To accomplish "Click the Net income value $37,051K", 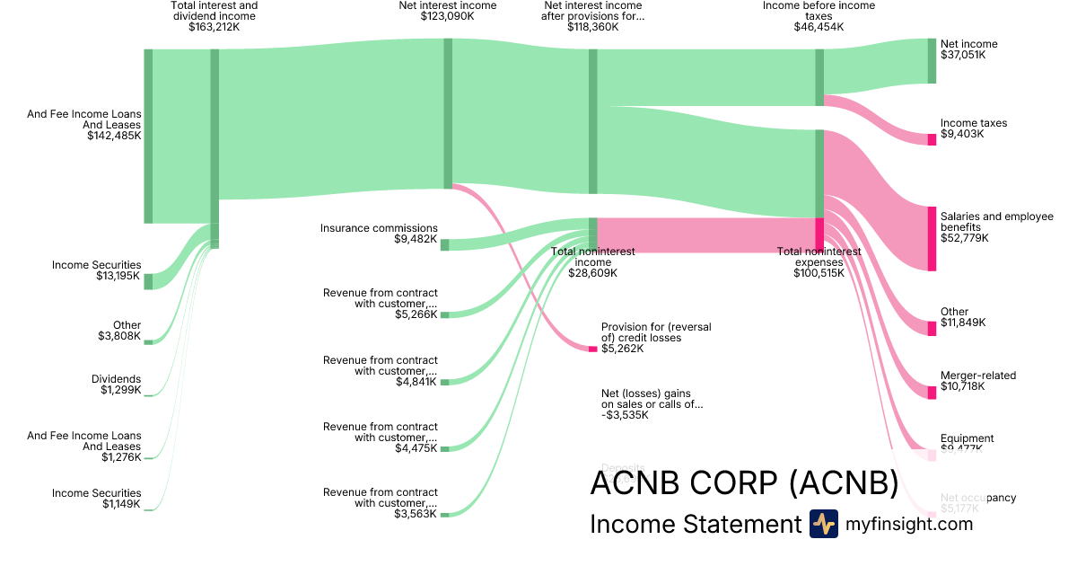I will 962,55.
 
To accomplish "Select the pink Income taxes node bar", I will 932,139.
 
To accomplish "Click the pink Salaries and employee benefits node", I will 932,238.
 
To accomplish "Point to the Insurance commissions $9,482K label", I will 379,234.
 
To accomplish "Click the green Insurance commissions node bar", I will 444,244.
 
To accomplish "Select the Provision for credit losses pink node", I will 592,349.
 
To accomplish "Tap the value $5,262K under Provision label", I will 622,349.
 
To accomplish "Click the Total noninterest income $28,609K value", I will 592,273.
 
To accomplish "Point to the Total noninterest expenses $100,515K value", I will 819,273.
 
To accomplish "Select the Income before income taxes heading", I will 819,11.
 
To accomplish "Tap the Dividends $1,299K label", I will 116,385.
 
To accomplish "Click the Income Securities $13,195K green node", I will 148,281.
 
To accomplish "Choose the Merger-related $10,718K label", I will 978,381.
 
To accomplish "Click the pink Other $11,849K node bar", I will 932,328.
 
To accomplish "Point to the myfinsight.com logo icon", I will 823,524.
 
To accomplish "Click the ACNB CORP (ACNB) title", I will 744,483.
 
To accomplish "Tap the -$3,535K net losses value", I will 625,415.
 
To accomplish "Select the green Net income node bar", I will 932,61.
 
